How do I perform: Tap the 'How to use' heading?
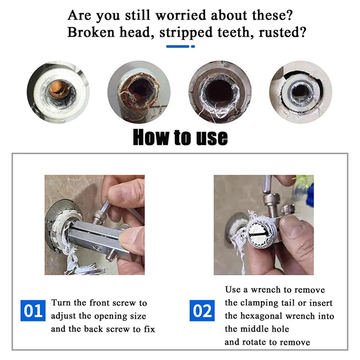point(180,137)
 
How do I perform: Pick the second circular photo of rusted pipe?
point(139,92)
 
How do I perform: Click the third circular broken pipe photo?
point(220,92)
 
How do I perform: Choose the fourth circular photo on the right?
point(300,92)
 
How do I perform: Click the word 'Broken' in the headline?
point(90,33)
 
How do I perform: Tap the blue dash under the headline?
point(180,46)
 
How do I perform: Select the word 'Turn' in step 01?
point(61,303)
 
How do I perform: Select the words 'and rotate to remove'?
point(267,342)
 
